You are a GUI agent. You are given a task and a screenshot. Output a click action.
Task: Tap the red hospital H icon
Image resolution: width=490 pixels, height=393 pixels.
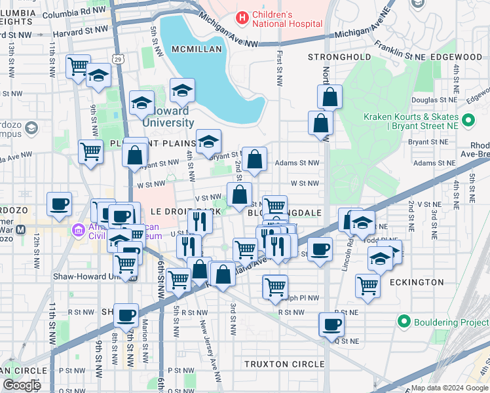pyautogui.click(x=242, y=18)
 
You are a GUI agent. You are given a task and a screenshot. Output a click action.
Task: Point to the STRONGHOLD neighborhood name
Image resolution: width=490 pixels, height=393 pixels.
pyautogui.click(x=339, y=58)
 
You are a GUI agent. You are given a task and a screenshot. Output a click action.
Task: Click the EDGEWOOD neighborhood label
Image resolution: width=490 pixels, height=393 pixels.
pyautogui.click(x=456, y=58)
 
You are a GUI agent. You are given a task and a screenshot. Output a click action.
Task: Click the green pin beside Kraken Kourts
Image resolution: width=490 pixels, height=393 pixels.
pyautogui.click(x=468, y=121)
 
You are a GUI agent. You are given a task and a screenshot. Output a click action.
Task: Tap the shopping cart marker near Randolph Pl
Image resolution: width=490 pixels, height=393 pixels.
pyautogui.click(x=275, y=287)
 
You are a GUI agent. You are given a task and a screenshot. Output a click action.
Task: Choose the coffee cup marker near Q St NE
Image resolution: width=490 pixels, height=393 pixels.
pyautogui.click(x=332, y=324)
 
